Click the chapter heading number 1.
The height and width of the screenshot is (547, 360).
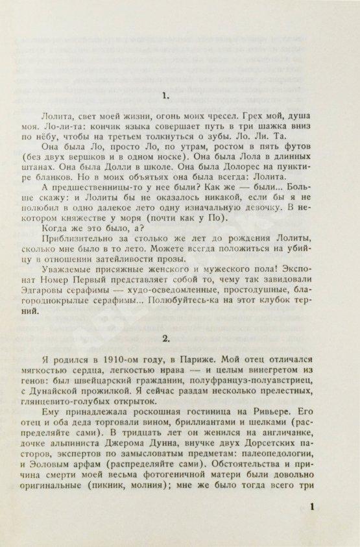tap(166, 97)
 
